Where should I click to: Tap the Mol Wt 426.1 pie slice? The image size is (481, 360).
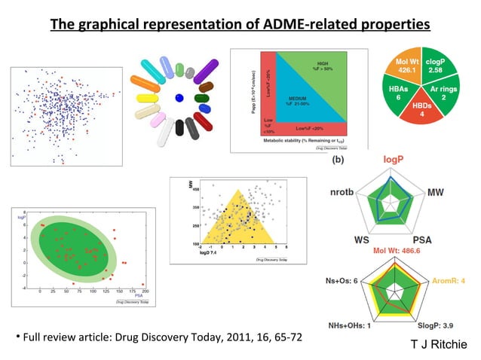point(408,67)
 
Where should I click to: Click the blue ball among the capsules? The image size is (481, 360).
point(179,98)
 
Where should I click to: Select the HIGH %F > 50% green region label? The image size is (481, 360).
point(323,68)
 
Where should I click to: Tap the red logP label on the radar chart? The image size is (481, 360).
point(394,160)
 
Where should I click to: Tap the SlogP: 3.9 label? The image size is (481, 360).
point(438,326)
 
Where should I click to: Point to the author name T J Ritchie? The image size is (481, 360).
point(438,344)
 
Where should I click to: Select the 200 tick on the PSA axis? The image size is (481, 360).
point(145,291)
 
